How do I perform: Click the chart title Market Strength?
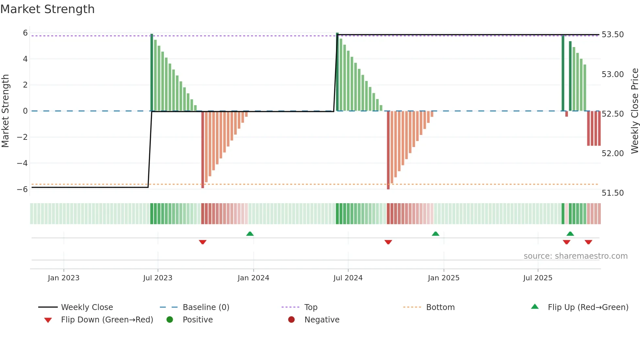(x=47, y=9)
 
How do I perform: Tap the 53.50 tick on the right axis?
(x=613, y=35)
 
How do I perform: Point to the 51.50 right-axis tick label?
(x=613, y=193)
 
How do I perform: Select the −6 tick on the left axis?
(x=23, y=189)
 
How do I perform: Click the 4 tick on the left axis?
(x=25, y=59)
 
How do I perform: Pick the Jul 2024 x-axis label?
(x=348, y=278)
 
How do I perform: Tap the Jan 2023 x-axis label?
(x=63, y=278)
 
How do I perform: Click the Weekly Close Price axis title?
(x=634, y=111)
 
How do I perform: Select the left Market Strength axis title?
(x=5, y=111)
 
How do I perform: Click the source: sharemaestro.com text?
(x=575, y=256)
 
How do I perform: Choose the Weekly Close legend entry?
(x=87, y=307)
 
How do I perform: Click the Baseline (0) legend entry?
(x=206, y=307)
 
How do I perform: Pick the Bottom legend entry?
(x=440, y=307)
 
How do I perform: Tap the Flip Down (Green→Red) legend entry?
(x=107, y=320)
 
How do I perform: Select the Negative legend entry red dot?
(x=291, y=319)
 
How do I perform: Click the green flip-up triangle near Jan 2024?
(x=250, y=234)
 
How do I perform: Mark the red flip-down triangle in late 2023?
(x=202, y=242)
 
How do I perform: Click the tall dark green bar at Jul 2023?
(x=152, y=72)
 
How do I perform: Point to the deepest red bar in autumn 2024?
(x=388, y=150)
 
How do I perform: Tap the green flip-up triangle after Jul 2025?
(x=570, y=234)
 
